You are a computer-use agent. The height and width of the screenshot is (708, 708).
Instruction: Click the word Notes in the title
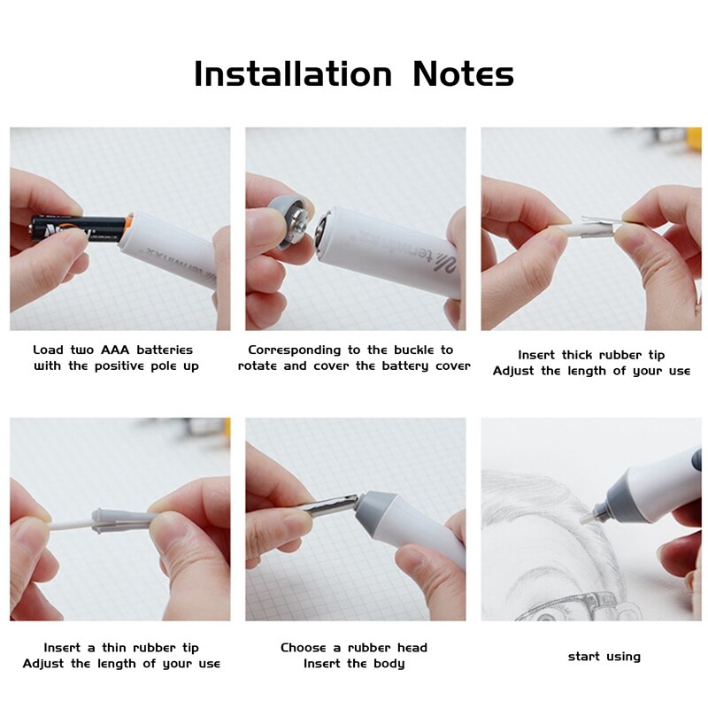coord(463,74)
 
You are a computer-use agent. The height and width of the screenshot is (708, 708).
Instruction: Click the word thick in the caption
coord(581,355)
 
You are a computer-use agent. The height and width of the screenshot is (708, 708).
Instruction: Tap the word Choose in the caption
coord(304,648)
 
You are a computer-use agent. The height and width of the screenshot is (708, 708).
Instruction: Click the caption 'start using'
coord(604,656)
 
